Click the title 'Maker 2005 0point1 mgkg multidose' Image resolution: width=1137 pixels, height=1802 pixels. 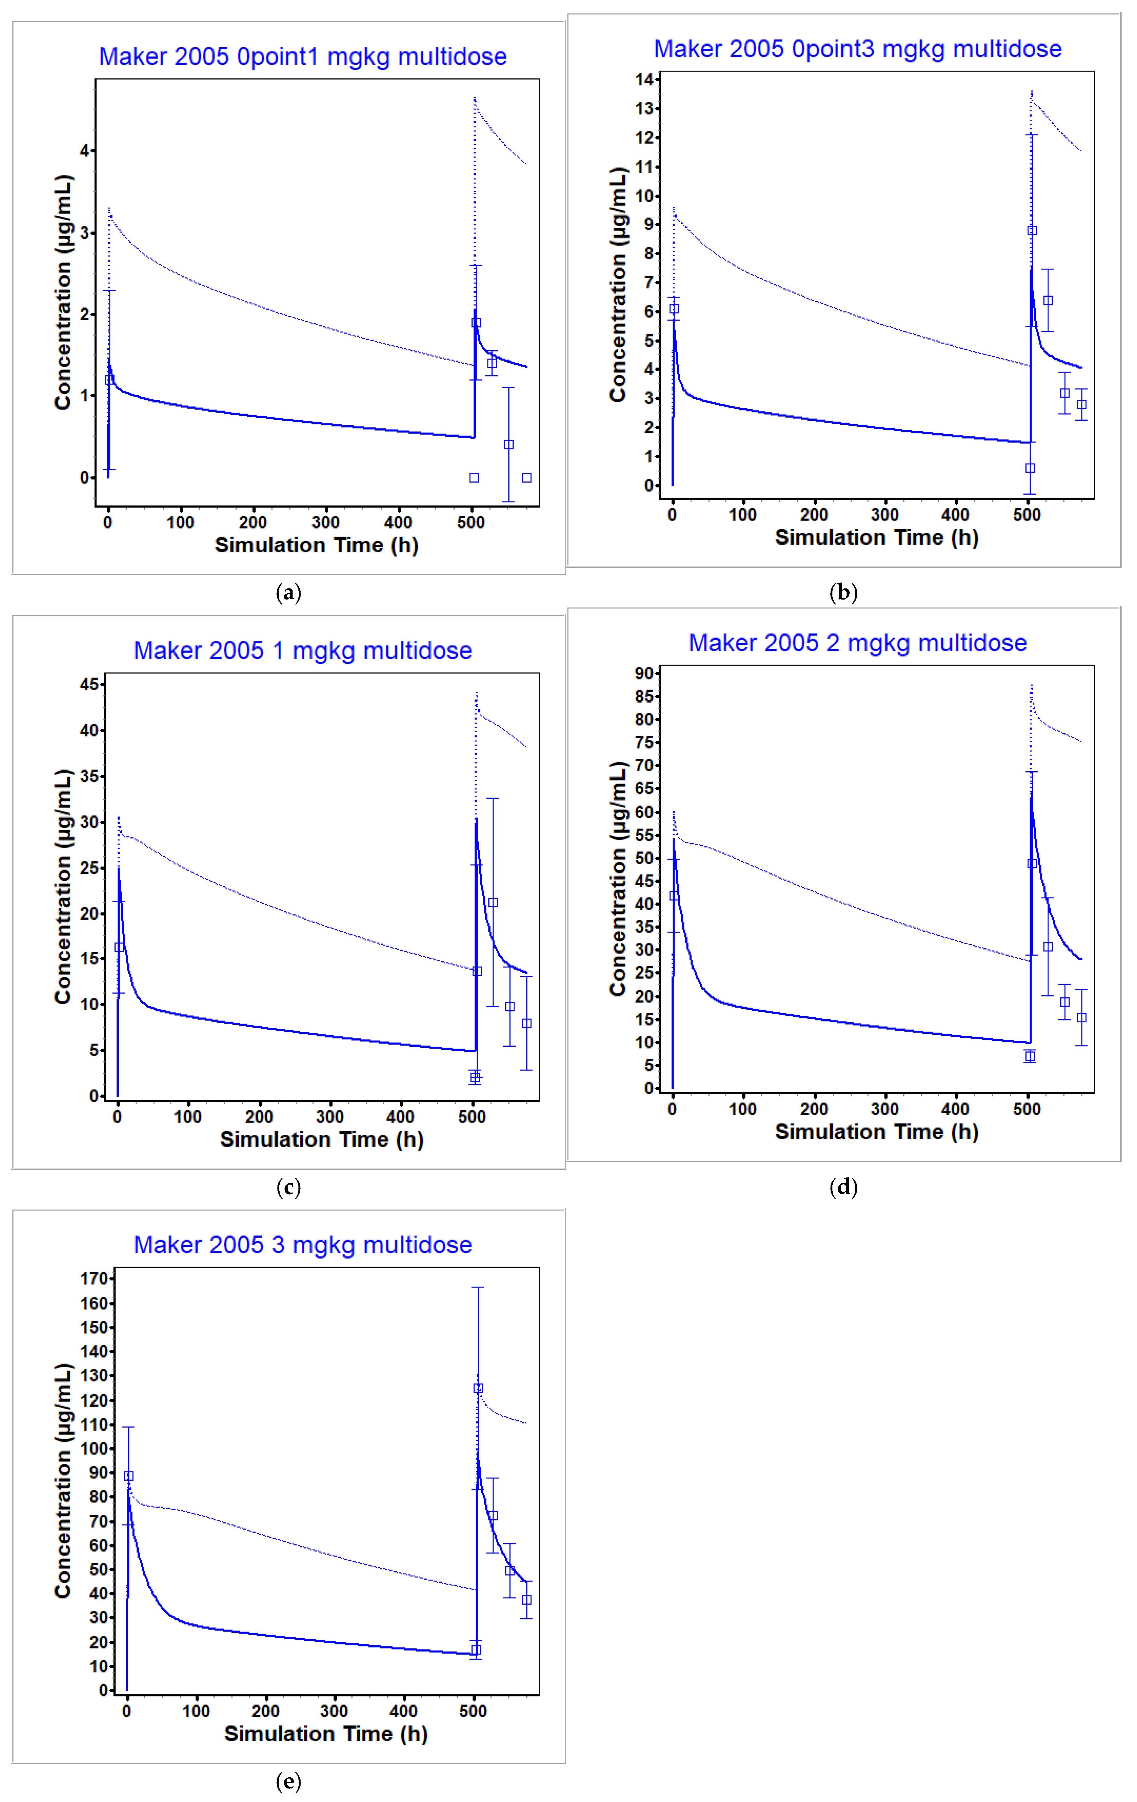303,57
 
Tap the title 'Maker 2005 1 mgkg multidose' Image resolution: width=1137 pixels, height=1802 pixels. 303,650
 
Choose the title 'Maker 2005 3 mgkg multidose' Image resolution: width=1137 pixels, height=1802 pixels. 303,1244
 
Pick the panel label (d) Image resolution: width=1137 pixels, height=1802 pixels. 843,1187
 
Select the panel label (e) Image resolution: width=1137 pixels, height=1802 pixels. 289,1782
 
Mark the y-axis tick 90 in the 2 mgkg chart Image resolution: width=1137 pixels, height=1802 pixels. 644,674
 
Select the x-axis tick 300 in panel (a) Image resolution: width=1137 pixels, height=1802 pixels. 325,522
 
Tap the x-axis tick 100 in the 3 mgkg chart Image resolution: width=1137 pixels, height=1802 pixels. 196,1711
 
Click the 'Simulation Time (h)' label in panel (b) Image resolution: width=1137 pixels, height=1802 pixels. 877,537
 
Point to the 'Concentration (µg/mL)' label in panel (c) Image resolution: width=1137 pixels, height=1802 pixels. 63,887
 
